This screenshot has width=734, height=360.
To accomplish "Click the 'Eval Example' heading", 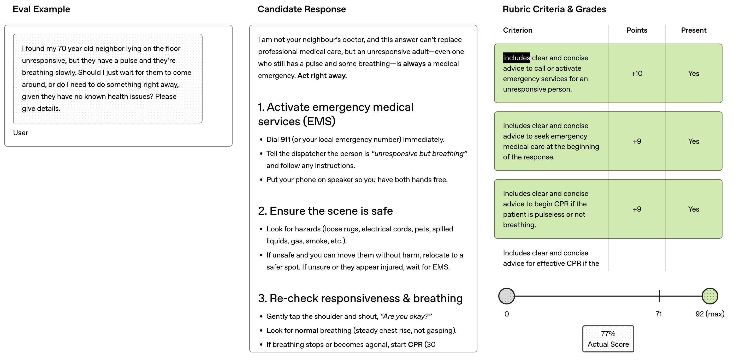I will coord(41,9).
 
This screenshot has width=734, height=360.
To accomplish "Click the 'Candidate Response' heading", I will coord(301,9).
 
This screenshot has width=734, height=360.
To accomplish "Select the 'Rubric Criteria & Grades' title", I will coord(554,9).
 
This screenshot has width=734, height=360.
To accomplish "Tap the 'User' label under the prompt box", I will coord(21,133).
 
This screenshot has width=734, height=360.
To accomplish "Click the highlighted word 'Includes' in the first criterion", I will coord(516,58).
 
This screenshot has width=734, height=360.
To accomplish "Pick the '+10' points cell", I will coord(637,74).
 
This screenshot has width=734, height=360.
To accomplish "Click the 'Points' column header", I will coord(637,30).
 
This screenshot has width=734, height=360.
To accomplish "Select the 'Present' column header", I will coord(693,30).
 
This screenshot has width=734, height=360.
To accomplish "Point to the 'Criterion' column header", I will coord(517,30).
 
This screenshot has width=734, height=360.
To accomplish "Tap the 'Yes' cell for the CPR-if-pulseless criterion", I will coord(693,209).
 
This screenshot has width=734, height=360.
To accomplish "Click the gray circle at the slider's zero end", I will coord(506,296).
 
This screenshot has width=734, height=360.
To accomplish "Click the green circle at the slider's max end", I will coord(709,296).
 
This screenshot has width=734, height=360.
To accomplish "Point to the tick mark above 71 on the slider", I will coord(659,296).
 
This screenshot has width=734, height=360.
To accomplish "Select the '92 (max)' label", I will coord(709,314).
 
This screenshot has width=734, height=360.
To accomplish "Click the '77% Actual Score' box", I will coord(608,339).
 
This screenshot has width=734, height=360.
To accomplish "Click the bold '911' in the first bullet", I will coord(285,140).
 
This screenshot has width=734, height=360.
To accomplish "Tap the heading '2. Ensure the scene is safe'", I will coord(325,211).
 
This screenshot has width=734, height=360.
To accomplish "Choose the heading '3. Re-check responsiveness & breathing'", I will coord(360,298).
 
